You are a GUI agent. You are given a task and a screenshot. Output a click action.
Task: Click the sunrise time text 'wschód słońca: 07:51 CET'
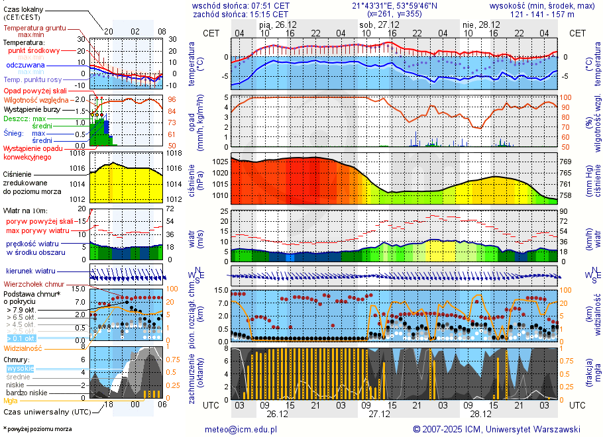click(241, 5)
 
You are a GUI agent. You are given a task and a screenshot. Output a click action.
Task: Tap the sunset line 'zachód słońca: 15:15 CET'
click(241, 14)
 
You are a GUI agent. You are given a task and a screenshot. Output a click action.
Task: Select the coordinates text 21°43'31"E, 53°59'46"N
click(394, 5)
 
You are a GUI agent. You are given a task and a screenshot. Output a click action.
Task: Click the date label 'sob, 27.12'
click(376, 24)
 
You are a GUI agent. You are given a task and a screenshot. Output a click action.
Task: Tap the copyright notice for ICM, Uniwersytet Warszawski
click(496, 429)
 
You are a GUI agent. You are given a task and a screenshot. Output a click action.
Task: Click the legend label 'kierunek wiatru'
click(30, 271)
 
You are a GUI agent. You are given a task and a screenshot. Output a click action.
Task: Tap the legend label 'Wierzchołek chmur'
click(33, 284)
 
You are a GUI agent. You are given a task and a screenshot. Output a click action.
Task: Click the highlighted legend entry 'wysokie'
click(19, 368)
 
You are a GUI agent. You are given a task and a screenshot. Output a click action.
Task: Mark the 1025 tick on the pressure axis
click(221, 162)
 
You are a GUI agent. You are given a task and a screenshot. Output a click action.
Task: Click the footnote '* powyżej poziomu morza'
click(37, 429)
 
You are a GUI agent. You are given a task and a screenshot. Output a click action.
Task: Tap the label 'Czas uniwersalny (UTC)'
click(45, 412)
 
